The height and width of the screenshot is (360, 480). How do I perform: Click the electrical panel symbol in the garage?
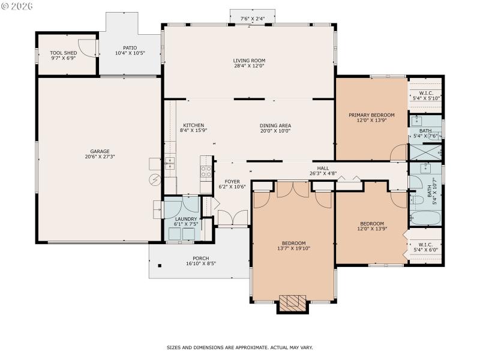click(x=154, y=179)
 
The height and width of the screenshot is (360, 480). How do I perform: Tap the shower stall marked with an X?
click(x=425, y=153)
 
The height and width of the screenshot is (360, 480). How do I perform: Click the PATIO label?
click(x=130, y=48)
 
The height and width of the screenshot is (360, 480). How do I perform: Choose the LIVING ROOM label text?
click(x=249, y=61)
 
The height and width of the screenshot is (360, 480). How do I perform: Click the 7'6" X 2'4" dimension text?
click(x=253, y=19)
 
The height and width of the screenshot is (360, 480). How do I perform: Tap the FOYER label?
click(x=232, y=181)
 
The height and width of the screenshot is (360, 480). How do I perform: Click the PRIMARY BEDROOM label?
click(x=371, y=115)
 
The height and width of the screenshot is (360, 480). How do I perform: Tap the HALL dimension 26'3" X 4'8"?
click(x=322, y=174)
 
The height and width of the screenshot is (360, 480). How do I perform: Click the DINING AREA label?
click(x=275, y=125)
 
